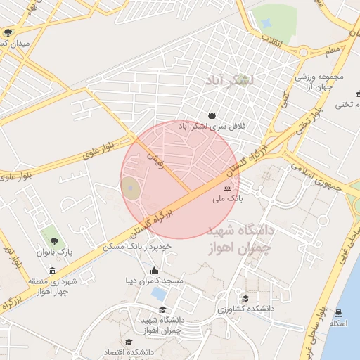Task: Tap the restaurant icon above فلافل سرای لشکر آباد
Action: click(212, 115)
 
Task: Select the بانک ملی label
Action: click(228, 199)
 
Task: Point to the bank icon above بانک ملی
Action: click(227, 188)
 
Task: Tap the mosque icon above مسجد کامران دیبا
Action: click(154, 271)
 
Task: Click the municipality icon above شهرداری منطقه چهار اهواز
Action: click(52, 271)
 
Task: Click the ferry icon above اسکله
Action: click(339, 313)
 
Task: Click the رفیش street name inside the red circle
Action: click(154, 160)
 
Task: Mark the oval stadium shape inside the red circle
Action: click(130, 188)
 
